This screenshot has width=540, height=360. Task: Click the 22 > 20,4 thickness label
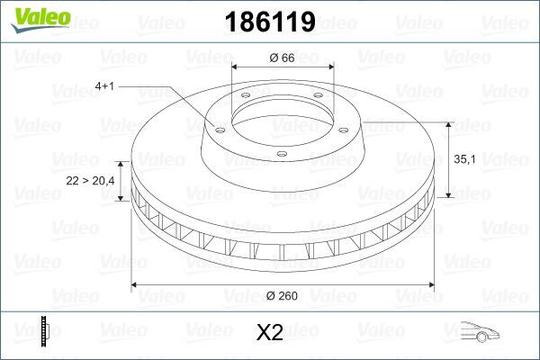coord(91,181)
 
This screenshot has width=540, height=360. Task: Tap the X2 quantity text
coord(270,334)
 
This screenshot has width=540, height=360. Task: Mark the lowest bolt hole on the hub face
coord(281,155)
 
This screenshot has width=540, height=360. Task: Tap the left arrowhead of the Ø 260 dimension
coord(136,285)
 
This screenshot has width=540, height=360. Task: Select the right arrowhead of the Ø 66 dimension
coord(327,67)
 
